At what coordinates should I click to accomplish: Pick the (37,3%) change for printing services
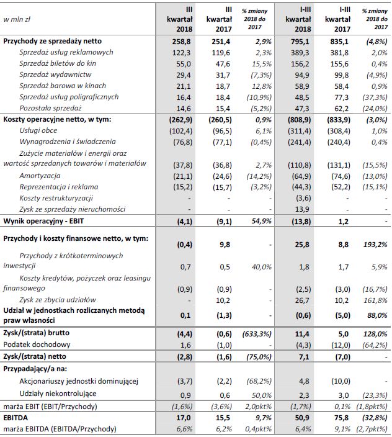tap(376, 97)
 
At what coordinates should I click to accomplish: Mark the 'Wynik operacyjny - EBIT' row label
tap(44, 220)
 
